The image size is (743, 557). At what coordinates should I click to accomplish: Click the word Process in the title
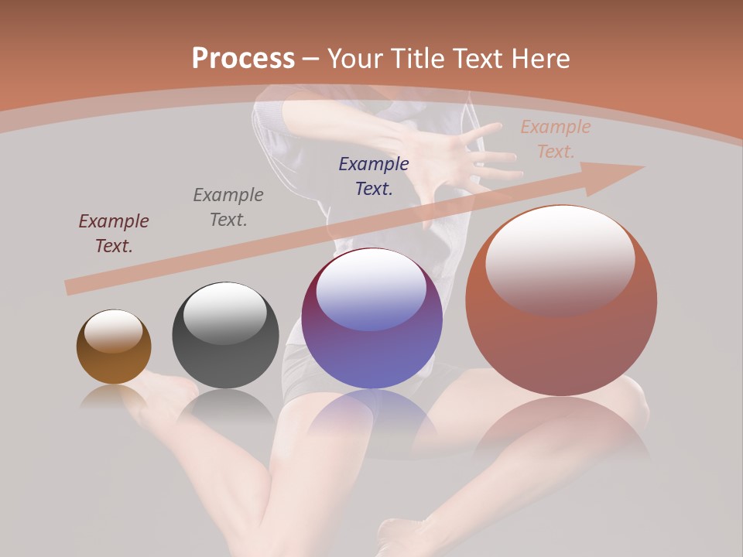click(243, 59)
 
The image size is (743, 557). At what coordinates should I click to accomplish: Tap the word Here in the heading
click(539, 59)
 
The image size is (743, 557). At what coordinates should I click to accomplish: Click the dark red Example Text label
click(114, 233)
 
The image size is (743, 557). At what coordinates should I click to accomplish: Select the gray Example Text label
click(228, 207)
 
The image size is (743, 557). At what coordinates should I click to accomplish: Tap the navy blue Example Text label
click(374, 176)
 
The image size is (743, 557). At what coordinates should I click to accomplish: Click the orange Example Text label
click(556, 138)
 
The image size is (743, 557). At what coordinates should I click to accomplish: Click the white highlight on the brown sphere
click(113, 331)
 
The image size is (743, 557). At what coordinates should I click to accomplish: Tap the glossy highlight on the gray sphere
click(225, 312)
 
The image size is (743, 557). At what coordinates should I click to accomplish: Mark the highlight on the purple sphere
click(371, 290)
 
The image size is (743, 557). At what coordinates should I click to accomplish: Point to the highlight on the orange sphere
click(560, 259)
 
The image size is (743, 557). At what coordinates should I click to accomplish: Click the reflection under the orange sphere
click(561, 425)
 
